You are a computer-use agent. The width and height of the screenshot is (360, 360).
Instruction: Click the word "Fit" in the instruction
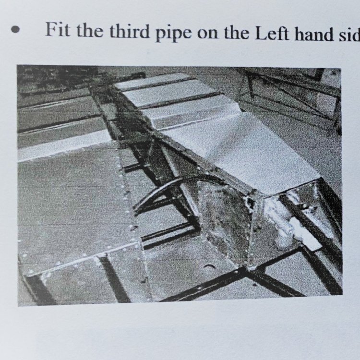tap(58, 29)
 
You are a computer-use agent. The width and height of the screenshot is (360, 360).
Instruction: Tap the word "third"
tap(129, 31)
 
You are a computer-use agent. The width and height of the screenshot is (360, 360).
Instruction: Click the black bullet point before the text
tap(15, 30)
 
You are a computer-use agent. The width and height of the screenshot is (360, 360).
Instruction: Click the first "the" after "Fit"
tap(90, 30)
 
